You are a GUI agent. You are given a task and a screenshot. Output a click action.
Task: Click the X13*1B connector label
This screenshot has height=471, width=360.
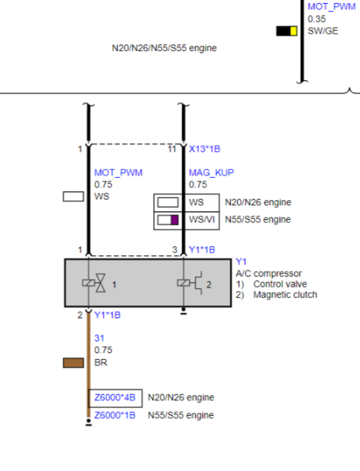[205, 149]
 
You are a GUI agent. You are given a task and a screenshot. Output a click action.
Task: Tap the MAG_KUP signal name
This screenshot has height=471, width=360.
[211, 173]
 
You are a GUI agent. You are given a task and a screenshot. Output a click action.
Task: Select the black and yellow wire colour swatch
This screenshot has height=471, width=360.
[287, 31]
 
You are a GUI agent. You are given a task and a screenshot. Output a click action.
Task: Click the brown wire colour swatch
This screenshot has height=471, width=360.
[74, 363]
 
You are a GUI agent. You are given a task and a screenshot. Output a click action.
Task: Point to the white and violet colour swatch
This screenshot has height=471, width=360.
[168, 220]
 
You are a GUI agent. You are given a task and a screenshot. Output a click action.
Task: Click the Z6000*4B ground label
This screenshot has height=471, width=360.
[115, 397]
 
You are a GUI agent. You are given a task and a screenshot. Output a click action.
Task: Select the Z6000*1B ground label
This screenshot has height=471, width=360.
[115, 415]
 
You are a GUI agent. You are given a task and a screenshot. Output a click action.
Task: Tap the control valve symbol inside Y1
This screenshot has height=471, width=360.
[94, 282]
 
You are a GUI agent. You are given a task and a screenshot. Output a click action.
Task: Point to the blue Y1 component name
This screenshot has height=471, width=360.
[241, 261]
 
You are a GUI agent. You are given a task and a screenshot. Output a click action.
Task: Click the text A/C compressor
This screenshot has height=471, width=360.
[269, 273]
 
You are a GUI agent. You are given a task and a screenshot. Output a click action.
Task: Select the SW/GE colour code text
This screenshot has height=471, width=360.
[323, 31]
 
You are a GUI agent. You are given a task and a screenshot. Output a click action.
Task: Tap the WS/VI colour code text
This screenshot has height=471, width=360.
[202, 220]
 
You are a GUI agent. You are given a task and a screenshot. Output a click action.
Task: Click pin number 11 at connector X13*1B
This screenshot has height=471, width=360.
[172, 149]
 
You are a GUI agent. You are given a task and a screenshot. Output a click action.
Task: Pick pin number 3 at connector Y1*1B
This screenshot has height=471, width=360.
[175, 250]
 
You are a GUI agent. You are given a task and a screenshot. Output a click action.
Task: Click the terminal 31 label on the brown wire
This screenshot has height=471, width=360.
[99, 338]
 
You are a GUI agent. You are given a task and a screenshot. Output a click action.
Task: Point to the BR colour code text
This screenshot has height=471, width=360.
[101, 363]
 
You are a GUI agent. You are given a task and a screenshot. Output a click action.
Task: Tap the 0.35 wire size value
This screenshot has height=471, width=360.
[316, 19]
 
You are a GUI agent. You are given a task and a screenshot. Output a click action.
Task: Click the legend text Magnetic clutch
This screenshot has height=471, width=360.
[285, 295]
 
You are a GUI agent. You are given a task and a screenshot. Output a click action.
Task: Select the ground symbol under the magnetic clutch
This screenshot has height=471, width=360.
[184, 311]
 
